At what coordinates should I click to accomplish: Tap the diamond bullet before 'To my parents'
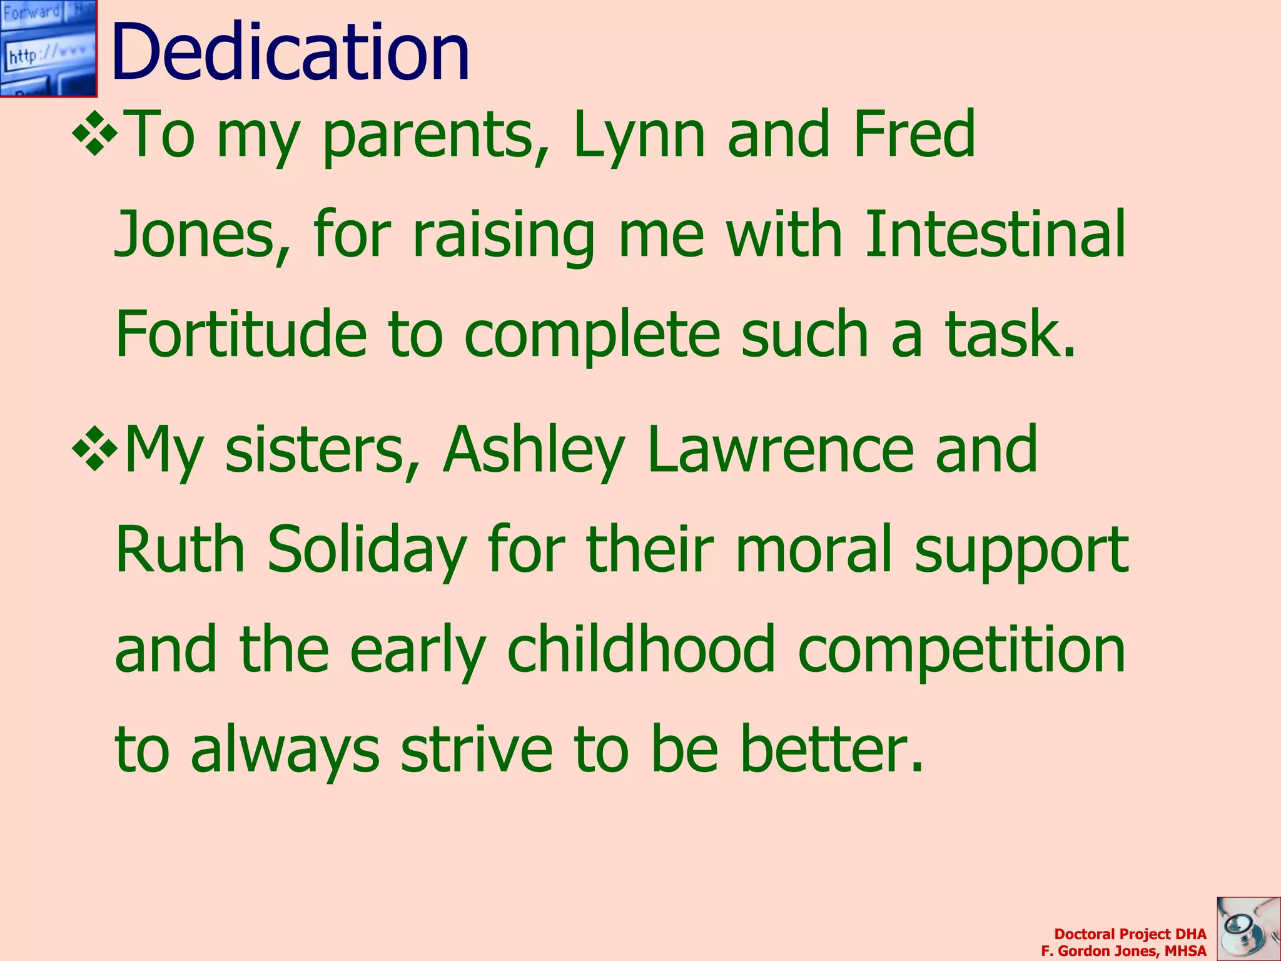[95, 132]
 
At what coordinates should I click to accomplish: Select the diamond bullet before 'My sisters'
[95, 448]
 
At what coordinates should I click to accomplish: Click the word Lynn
[639, 135]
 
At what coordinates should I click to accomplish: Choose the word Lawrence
[781, 449]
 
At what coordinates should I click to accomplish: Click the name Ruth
[180, 549]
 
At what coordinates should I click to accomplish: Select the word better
[831, 749]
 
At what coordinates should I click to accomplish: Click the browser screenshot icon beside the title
[48, 48]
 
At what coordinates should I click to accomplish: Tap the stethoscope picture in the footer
[1248, 928]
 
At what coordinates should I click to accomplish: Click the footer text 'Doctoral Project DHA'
[1130, 934]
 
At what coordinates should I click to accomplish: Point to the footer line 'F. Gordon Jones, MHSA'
[1123, 951]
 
